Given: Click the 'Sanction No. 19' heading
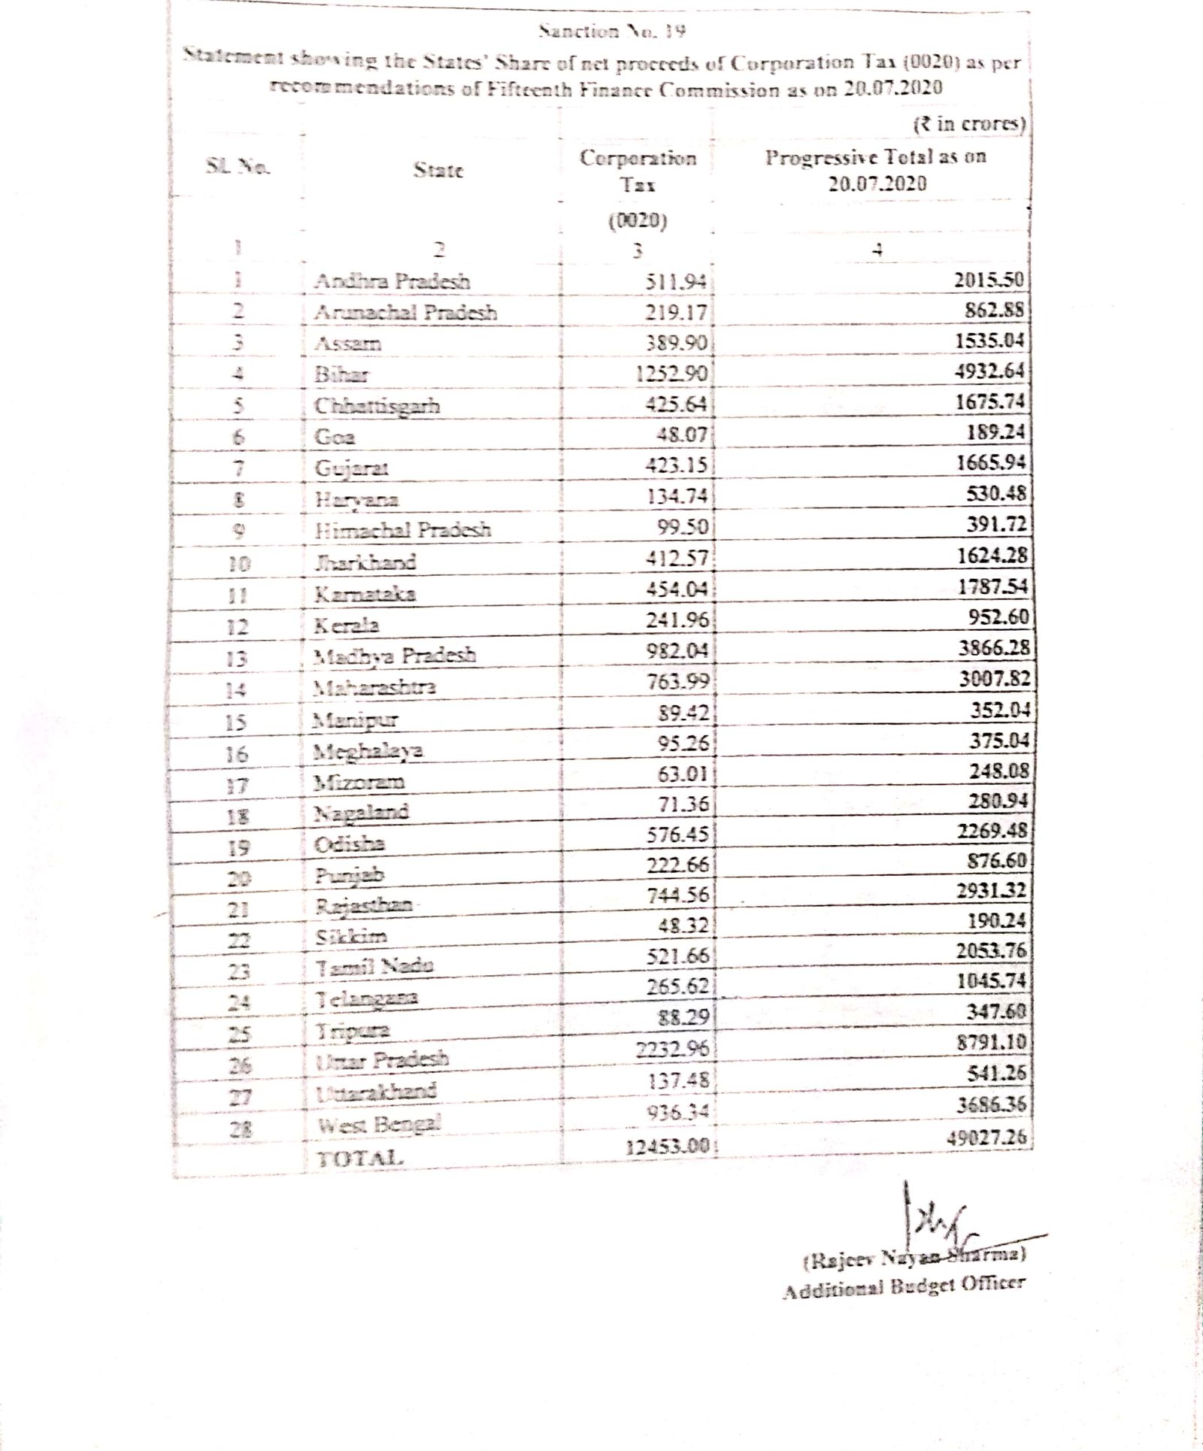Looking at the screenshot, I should [x=612, y=32].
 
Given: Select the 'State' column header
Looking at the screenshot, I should [x=438, y=170].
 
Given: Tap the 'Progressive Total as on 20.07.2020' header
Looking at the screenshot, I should [x=876, y=170].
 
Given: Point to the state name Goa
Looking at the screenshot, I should [x=335, y=437].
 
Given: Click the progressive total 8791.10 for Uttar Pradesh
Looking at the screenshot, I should [x=991, y=1042].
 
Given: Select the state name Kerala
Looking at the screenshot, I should [x=347, y=625].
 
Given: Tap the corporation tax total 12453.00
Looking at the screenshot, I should [x=668, y=1147].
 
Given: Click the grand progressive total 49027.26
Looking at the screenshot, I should [x=986, y=1137].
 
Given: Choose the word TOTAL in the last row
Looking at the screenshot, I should [x=361, y=1159].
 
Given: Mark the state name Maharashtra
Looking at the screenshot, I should [x=374, y=687].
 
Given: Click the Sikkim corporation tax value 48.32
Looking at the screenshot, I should [x=683, y=925].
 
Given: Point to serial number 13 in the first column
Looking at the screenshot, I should [x=237, y=659].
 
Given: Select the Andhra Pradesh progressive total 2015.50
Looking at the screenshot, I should [x=989, y=280].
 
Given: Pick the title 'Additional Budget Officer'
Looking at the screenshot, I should [x=903, y=1286].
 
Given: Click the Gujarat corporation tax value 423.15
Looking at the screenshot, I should [x=677, y=466].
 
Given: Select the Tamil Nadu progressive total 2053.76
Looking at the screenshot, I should [x=991, y=950].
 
